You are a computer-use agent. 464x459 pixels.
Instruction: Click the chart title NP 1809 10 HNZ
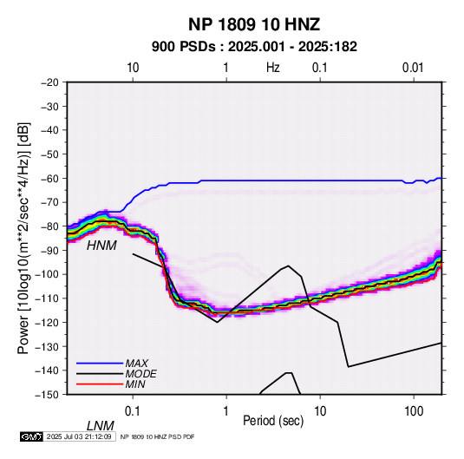pyautogui.click(x=254, y=24)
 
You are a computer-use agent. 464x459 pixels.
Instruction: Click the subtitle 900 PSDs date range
pyautogui.click(x=254, y=47)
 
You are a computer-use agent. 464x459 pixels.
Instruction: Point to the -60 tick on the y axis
pyautogui.click(x=49, y=178)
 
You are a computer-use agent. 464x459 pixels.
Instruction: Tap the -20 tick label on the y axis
pyautogui.click(x=49, y=82)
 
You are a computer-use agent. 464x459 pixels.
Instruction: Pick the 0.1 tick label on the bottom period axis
pyautogui.click(x=133, y=411)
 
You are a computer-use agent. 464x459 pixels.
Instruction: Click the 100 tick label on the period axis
pyautogui.click(x=414, y=411)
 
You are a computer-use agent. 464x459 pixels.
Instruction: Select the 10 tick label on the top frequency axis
pyautogui.click(x=133, y=68)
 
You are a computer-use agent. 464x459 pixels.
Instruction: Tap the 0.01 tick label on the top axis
pyautogui.click(x=413, y=68)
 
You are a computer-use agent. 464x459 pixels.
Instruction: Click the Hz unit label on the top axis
pyautogui.click(x=273, y=68)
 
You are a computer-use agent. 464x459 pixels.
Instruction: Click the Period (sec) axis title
pyautogui.click(x=273, y=421)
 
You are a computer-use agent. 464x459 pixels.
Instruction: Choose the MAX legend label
pyautogui.click(x=136, y=364)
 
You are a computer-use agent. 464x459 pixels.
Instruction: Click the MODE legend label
pyautogui.click(x=141, y=374)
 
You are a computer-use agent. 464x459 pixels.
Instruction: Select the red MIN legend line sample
pyautogui.click(x=100, y=384)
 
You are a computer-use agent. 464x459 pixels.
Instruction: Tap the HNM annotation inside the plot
pyautogui.click(x=101, y=246)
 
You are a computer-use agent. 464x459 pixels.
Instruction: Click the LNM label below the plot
pyautogui.click(x=100, y=426)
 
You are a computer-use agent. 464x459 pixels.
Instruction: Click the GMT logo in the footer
pyautogui.click(x=31, y=436)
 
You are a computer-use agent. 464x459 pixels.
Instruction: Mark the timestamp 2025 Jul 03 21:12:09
pyautogui.click(x=79, y=436)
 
